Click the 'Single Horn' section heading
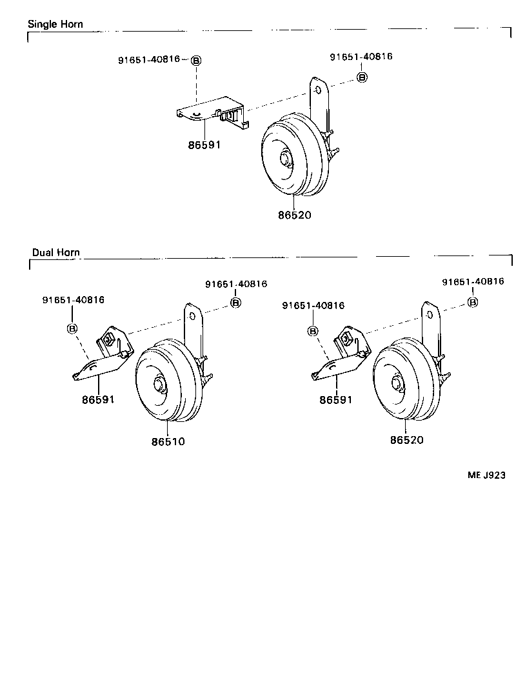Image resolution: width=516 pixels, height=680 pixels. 55,25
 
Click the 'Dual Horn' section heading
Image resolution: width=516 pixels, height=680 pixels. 56,252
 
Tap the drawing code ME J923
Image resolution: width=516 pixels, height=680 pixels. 486,475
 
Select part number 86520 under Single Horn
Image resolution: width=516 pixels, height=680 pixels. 294,215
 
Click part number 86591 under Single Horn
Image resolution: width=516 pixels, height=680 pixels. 204,145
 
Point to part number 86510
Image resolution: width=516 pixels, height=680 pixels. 169,442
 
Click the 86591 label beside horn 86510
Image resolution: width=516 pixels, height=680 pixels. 98,399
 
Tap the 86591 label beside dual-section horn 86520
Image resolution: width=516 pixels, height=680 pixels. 336,400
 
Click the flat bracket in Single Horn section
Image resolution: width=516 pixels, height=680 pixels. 212,111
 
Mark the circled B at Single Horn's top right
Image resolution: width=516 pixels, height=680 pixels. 362,77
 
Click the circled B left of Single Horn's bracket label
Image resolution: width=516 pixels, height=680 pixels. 196,61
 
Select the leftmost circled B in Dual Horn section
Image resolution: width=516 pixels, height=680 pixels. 72,328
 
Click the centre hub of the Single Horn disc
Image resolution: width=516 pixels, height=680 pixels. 285,159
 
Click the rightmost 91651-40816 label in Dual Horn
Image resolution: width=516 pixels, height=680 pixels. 473,281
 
